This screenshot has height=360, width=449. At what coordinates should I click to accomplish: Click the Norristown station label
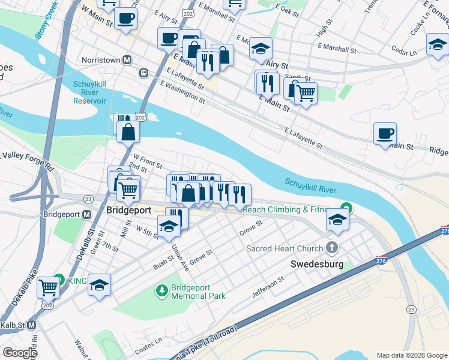coord(99,60)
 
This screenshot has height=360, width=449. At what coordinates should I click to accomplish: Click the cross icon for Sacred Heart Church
coord(331,248)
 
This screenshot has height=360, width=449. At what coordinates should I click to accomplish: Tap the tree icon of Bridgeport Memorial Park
coord(161,292)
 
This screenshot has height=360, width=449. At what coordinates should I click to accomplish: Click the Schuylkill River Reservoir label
coord(90,92)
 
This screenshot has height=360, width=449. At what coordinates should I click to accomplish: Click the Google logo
coord(20,353)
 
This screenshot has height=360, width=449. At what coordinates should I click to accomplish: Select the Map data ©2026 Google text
coord(411,355)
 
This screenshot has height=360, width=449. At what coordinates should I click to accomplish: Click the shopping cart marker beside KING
coord(48,287)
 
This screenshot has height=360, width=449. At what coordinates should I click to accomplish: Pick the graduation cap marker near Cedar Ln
coord(438,44)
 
